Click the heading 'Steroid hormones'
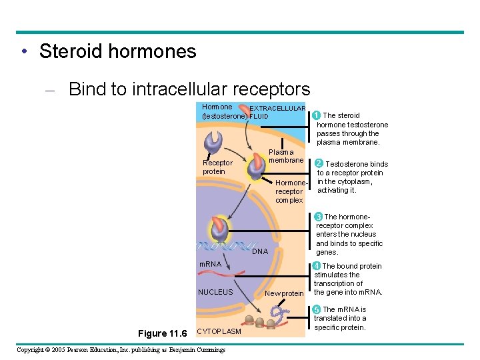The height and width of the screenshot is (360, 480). (x=117, y=51)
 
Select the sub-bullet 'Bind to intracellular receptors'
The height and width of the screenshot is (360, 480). (x=189, y=89)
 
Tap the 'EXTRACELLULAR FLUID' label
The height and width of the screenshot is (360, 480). (x=277, y=112)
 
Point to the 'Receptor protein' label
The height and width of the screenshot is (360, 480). (x=218, y=167)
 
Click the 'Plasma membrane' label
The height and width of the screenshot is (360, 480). (x=286, y=156)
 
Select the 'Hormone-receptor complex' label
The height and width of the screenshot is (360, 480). (x=290, y=191)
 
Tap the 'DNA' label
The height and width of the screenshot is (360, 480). (x=260, y=251)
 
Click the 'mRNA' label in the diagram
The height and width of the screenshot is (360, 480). (x=211, y=265)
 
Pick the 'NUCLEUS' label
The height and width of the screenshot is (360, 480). (x=215, y=292)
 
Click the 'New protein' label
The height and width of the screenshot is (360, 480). (x=284, y=293)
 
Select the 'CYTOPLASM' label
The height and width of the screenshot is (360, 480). (x=220, y=331)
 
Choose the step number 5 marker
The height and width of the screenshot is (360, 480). (x=317, y=309)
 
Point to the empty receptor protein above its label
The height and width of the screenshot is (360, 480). (x=215, y=142)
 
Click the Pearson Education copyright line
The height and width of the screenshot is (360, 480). (x=121, y=349)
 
